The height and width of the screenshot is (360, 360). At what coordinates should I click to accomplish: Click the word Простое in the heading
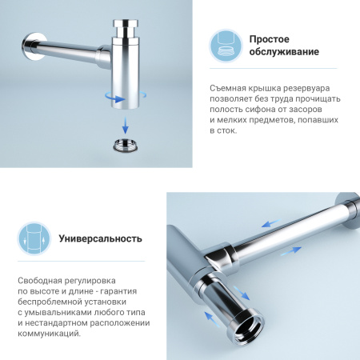pos(269,38)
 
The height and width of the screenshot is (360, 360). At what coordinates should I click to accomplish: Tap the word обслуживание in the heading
pos(284,53)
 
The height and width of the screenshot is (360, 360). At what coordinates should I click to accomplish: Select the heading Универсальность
pos(101,238)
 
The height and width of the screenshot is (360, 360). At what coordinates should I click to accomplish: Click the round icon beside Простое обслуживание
pos(225,46)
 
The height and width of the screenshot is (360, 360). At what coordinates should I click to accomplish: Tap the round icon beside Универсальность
pos(33,238)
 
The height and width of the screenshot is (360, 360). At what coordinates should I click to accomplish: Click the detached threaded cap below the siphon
pos(126,146)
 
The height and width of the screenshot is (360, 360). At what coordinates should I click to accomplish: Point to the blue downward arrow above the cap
pos(126,126)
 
